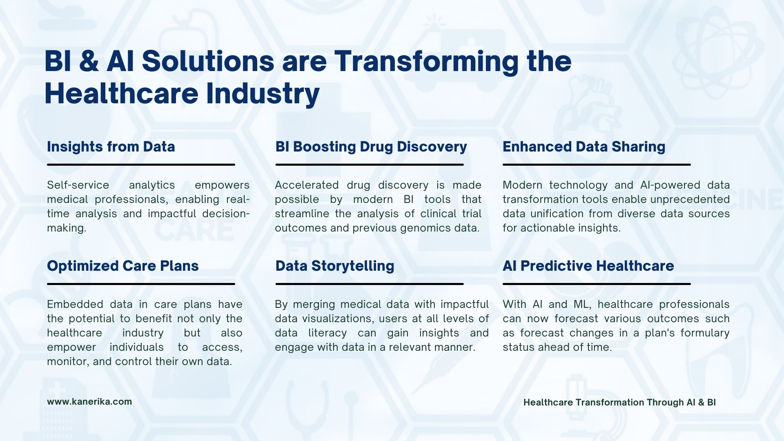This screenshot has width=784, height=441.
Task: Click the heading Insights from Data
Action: [x=111, y=147]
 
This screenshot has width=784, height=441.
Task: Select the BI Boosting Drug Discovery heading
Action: [x=371, y=147]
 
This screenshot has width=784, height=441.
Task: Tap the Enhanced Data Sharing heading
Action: [x=584, y=147]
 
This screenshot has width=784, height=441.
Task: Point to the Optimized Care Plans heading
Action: [x=123, y=266]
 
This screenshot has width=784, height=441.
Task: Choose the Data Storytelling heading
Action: [x=335, y=266]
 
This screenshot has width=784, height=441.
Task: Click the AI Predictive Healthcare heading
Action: [x=588, y=266]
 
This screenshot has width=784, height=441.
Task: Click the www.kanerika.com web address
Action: [x=89, y=401]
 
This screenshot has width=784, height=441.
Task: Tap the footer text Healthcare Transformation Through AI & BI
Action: [x=619, y=402]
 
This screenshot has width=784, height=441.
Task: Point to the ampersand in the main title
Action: [x=89, y=61]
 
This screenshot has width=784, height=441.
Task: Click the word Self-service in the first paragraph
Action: [x=78, y=185]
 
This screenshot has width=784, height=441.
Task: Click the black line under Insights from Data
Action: [x=141, y=165]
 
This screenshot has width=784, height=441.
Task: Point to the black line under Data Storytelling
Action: [x=370, y=284]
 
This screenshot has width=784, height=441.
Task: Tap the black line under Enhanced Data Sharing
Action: [x=597, y=165]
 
